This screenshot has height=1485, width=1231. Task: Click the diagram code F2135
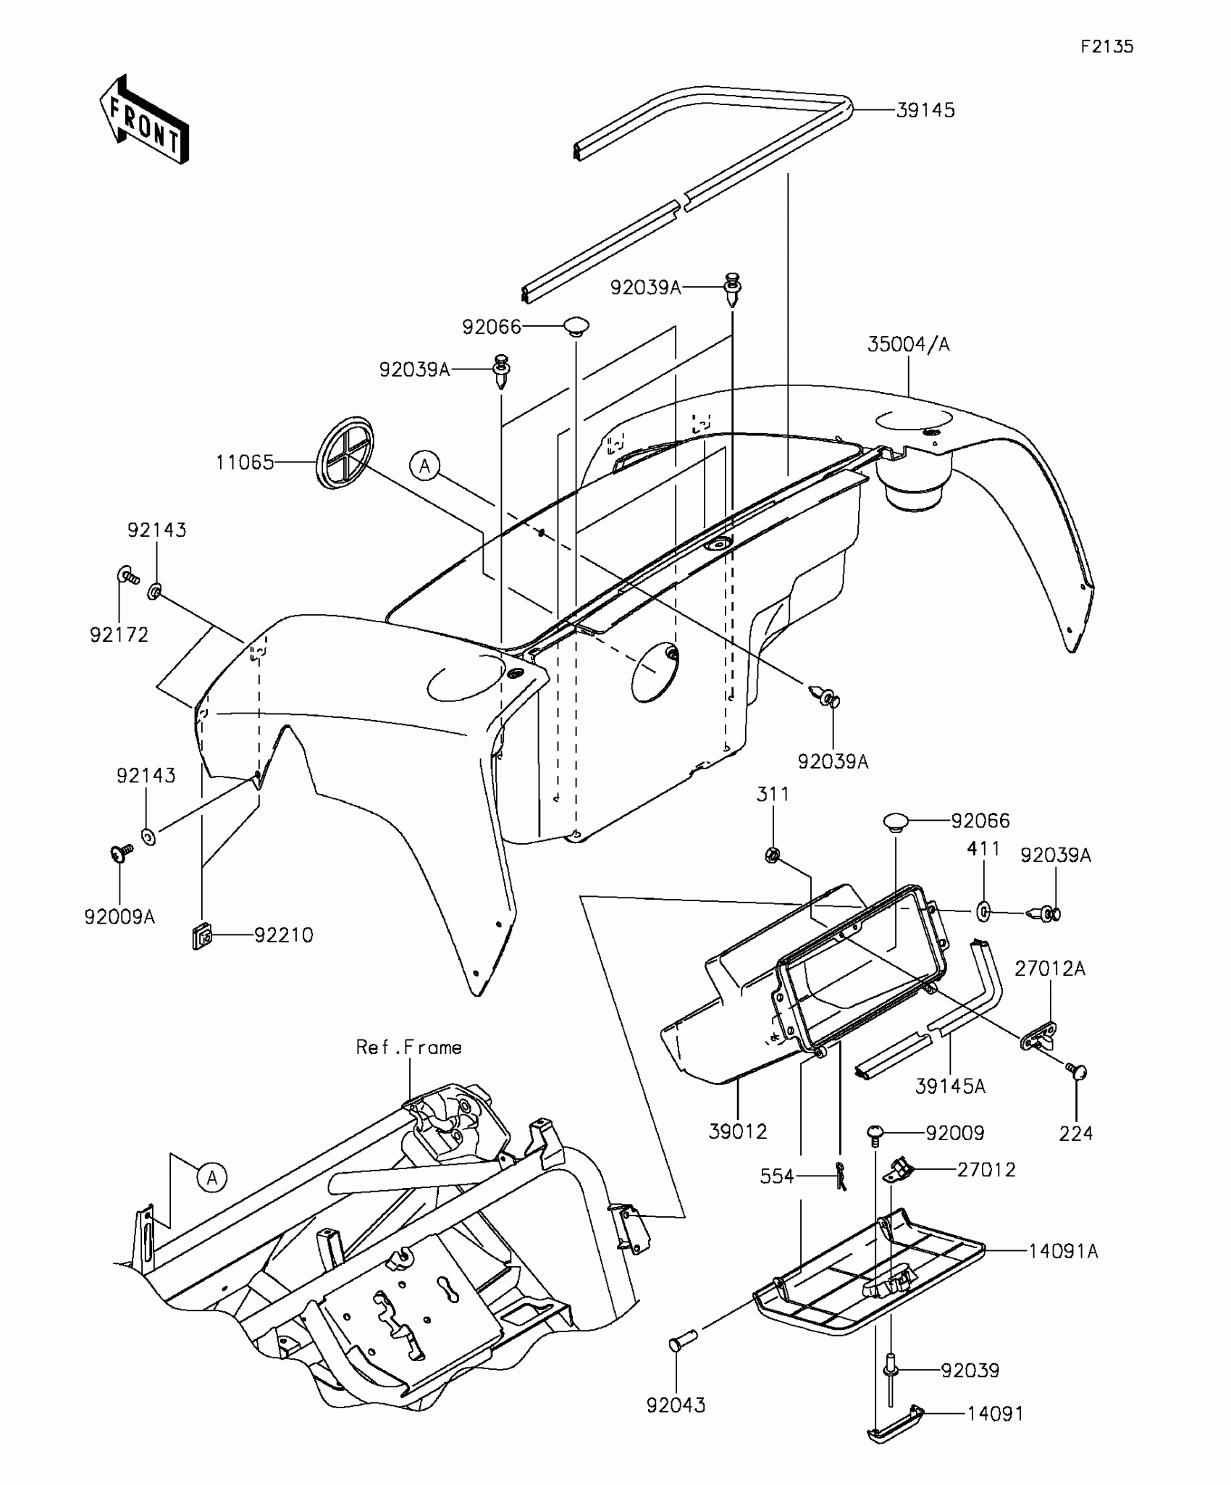1107,47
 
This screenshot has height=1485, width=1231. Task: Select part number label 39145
925,110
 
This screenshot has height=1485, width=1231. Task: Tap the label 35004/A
908,345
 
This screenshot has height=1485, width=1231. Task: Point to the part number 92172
119,635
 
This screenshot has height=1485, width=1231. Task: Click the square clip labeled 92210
202,940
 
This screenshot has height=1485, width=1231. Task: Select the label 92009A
119,917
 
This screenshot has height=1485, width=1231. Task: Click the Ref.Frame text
408,1047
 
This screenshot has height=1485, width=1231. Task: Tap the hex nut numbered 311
772,855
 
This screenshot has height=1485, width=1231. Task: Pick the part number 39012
738,1131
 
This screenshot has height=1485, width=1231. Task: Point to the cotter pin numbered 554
839,1178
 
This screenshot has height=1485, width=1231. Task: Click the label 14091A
1063,1251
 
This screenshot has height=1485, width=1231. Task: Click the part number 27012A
1049,969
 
